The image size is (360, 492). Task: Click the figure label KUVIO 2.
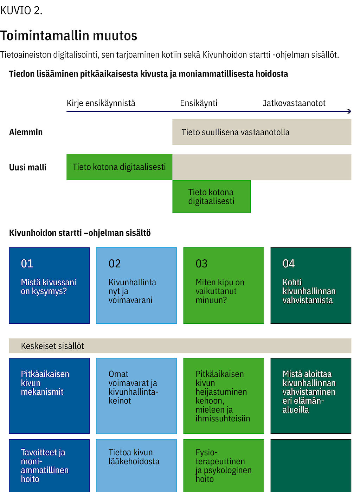(21, 11)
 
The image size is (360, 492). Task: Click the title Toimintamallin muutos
(69, 35)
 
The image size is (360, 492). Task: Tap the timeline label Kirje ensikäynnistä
(101, 103)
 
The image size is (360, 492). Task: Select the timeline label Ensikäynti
(199, 103)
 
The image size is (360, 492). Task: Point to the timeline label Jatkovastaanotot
(294, 103)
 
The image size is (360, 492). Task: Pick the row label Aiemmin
(26, 132)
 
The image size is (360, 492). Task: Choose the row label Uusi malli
(28, 167)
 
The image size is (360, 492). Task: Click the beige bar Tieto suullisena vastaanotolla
(262, 132)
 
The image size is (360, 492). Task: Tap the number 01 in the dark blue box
(27, 264)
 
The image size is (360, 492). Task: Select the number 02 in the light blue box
(115, 264)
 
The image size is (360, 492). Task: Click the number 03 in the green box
(201, 264)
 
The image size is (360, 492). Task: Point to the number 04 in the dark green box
(289, 264)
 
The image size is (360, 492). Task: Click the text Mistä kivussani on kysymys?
(49, 287)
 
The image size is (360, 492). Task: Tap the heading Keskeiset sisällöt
(52, 346)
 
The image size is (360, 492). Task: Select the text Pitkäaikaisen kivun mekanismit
(45, 383)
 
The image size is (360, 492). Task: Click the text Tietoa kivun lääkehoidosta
(134, 457)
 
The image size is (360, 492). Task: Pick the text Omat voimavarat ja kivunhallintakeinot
(133, 387)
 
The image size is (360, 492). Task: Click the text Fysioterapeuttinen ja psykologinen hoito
(224, 466)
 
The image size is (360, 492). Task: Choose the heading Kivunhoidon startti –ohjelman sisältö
(80, 233)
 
